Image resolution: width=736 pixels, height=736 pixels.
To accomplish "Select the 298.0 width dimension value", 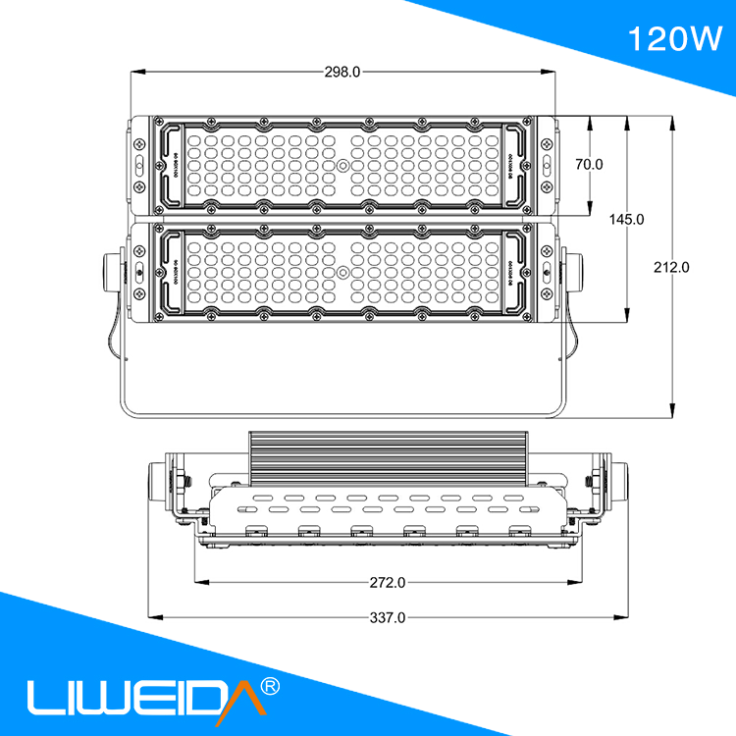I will click(342, 71).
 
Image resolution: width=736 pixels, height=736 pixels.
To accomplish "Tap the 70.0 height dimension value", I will click(589, 165).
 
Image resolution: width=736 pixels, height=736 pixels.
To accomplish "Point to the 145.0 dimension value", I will click(626, 220).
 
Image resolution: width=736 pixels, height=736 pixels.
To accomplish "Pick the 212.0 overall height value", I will click(672, 267).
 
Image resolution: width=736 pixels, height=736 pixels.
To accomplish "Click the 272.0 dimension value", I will click(388, 582).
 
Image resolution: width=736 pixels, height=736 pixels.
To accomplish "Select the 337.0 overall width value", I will click(388, 617).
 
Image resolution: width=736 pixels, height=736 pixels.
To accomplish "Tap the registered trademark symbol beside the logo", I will click(272, 683).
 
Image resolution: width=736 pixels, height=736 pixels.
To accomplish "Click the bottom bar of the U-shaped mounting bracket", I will click(342, 413).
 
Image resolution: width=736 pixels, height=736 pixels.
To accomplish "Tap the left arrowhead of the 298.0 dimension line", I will click(135, 71).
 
